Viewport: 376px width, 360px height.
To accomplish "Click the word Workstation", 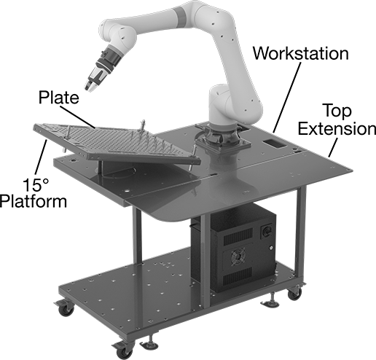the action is point(301,53).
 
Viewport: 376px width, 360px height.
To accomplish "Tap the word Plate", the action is point(59,98).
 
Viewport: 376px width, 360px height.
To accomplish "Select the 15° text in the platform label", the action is point(36,185).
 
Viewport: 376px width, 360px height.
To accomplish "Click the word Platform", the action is point(34,201).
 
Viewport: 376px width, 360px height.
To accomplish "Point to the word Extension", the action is point(337,128).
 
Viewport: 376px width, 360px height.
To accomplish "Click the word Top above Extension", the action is point(337,111).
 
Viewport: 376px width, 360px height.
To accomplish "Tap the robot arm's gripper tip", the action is point(89,87).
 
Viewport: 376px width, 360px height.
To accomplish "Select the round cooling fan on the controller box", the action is point(238,257).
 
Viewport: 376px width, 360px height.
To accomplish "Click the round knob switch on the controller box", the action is point(266,231).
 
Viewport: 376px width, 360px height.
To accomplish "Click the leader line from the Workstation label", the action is point(287,97).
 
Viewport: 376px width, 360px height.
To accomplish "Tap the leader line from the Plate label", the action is point(77,116).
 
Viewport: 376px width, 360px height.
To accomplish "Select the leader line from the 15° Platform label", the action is point(41,158).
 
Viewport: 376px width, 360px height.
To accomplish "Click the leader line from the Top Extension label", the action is point(333,147).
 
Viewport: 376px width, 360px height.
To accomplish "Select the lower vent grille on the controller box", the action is point(238,275).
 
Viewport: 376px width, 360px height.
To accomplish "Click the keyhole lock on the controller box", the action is point(271,248).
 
